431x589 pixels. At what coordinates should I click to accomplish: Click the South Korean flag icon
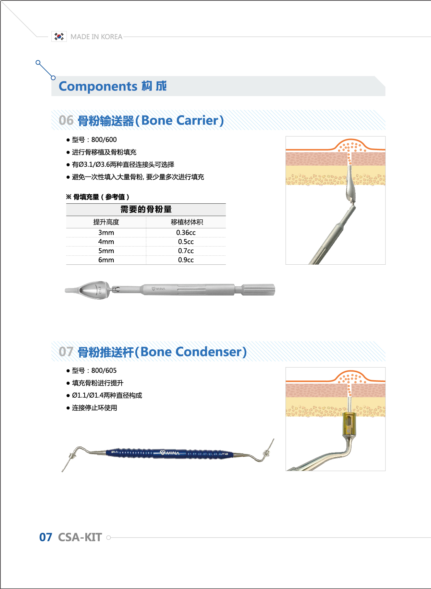(x=59, y=36)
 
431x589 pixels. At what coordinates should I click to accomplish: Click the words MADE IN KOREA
(x=96, y=37)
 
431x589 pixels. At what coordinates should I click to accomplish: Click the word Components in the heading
(x=98, y=86)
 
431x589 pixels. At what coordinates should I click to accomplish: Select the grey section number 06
(x=66, y=120)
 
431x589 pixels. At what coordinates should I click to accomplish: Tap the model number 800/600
(x=104, y=140)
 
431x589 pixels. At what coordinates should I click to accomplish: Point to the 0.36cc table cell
(x=186, y=232)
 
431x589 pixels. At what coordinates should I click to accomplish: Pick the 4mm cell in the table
(x=106, y=242)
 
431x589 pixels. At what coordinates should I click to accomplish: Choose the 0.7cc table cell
(x=186, y=251)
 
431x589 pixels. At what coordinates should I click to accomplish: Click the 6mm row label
(x=106, y=260)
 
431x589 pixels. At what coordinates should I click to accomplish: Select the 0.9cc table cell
(x=186, y=260)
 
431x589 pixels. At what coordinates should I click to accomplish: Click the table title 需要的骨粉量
(x=146, y=209)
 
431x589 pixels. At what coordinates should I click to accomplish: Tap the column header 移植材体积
(x=187, y=222)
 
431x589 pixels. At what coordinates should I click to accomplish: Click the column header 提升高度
(x=106, y=222)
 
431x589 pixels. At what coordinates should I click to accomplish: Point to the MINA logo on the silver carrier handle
(x=159, y=289)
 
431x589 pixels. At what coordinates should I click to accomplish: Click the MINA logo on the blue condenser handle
(x=170, y=453)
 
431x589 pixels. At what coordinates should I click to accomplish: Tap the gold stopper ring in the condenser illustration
(x=349, y=424)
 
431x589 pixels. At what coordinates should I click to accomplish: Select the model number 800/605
(x=104, y=371)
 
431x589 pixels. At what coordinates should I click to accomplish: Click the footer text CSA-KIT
(x=80, y=537)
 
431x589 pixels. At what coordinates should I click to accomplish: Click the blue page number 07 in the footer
(x=46, y=537)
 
